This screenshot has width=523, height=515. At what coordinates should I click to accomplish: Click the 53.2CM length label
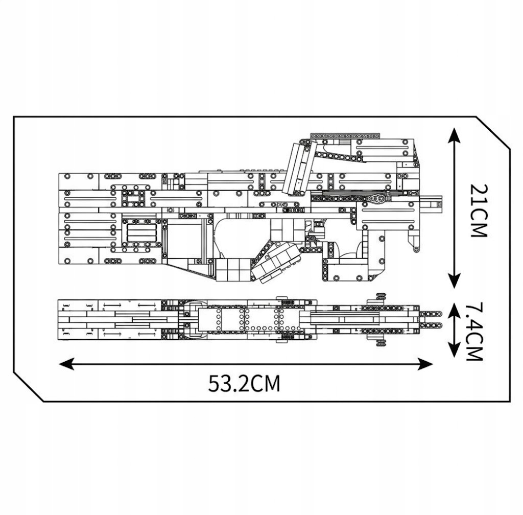click(244, 383)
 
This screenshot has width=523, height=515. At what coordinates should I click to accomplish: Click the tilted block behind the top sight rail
click(298, 169)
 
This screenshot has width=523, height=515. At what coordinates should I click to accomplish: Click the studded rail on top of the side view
click(345, 136)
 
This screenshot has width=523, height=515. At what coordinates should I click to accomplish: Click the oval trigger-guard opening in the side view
click(240, 238)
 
